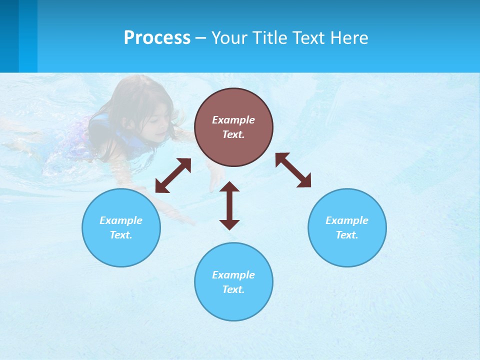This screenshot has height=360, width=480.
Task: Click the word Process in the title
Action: (157, 38)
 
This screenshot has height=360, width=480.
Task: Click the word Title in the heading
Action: (270, 38)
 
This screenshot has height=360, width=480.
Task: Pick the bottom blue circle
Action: (233, 305)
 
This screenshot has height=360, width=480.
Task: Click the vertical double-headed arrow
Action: (229, 205)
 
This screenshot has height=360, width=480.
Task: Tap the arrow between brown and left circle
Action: (173, 175)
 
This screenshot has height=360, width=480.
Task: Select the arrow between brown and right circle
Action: (293, 170)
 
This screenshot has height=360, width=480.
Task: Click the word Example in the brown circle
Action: (233, 120)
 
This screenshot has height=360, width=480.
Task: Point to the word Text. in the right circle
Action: (347, 235)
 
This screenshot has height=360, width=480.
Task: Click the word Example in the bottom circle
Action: (233, 275)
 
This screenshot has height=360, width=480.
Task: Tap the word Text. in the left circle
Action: (121, 235)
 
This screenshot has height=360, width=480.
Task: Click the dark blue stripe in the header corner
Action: (9, 36)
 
